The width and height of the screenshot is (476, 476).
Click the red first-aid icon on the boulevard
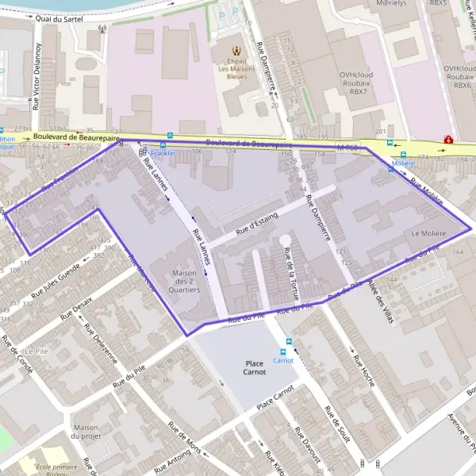[x=448, y=140]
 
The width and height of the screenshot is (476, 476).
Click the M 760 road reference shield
[x=347, y=148]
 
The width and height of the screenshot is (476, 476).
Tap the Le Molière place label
[x=429, y=234]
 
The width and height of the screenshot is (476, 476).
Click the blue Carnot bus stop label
[x=283, y=360]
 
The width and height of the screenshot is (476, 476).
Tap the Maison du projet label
[x=86, y=432]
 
